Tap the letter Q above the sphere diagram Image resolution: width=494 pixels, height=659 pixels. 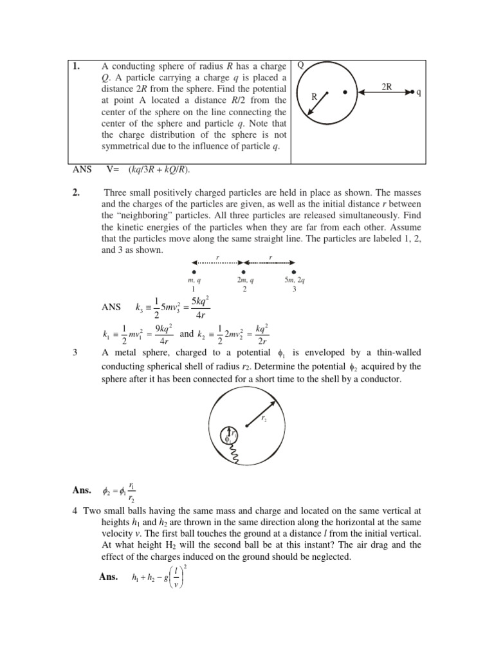(300, 65)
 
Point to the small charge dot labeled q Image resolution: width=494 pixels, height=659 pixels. (412, 93)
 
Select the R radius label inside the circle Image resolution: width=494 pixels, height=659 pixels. (315, 97)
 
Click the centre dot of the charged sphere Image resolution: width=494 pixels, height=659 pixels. (345, 93)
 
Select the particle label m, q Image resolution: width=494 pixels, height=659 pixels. (194, 281)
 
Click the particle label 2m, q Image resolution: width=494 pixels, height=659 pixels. (244, 281)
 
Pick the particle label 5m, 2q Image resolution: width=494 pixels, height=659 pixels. (294, 281)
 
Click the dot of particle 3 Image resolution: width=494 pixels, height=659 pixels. (294, 272)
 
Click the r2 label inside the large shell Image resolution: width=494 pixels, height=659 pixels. (264, 418)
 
